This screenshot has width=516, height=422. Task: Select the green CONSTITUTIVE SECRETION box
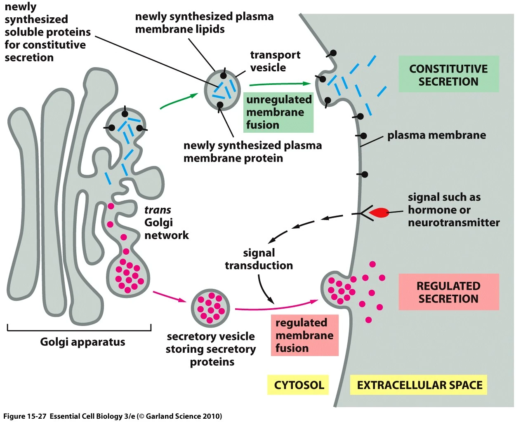tap(448, 75)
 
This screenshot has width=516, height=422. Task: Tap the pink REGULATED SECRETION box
tap(448, 292)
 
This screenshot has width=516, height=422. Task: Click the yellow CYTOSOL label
tap(299, 385)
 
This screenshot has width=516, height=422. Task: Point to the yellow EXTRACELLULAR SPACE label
tap(419, 385)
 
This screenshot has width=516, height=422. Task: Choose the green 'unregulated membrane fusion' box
tap(278, 112)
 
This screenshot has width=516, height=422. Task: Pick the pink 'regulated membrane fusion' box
tap(304, 335)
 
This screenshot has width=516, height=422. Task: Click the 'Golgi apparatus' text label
tap(82, 342)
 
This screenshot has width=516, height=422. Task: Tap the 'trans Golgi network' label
tap(166, 223)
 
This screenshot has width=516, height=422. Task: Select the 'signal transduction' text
tap(259, 259)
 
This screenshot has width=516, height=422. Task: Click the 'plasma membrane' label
tap(436, 135)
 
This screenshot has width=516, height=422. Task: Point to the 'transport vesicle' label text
tap(275, 61)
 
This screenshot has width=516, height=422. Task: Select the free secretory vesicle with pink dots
tap(210, 308)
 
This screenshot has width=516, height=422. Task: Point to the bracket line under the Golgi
tap(79, 330)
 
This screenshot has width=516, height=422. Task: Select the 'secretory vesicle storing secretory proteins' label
tap(211, 349)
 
